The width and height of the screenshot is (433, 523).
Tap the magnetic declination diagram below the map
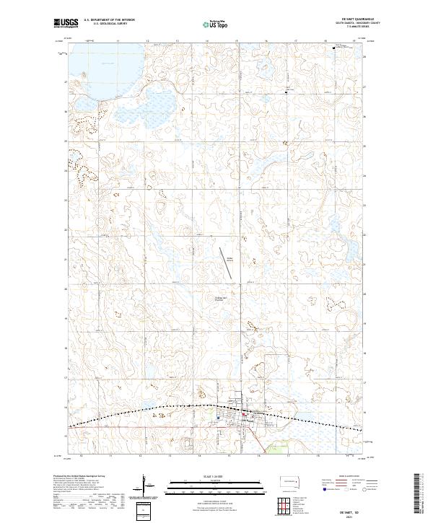coord(147,485)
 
